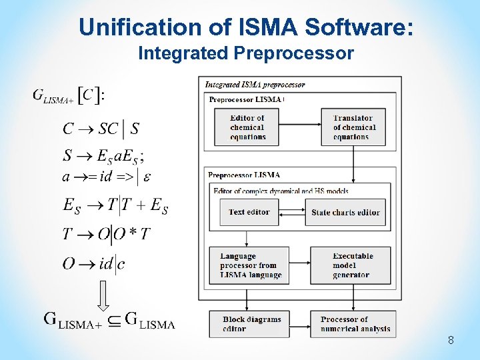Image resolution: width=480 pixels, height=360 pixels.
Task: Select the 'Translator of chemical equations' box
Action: tap(353, 127)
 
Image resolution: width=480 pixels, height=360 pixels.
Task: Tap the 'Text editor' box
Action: tap(249, 212)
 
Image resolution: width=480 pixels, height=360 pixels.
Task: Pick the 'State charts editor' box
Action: tap(345, 212)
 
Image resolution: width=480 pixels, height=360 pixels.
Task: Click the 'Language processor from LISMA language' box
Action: tap(254, 265)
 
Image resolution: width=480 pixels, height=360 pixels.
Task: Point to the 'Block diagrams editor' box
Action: tap(254, 323)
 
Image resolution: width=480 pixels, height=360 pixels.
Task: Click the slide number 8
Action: tap(451, 341)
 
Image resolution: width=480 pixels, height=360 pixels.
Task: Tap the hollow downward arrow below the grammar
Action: tap(103, 295)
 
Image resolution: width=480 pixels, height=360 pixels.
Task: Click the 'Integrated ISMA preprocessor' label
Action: tap(255, 85)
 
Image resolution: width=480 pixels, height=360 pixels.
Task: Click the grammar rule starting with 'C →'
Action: tap(101, 128)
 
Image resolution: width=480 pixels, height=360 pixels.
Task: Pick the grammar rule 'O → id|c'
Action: tap(93, 263)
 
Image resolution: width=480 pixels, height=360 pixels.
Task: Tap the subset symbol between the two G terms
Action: tap(115, 321)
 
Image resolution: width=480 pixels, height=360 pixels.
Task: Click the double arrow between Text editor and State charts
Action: tap(290, 213)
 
